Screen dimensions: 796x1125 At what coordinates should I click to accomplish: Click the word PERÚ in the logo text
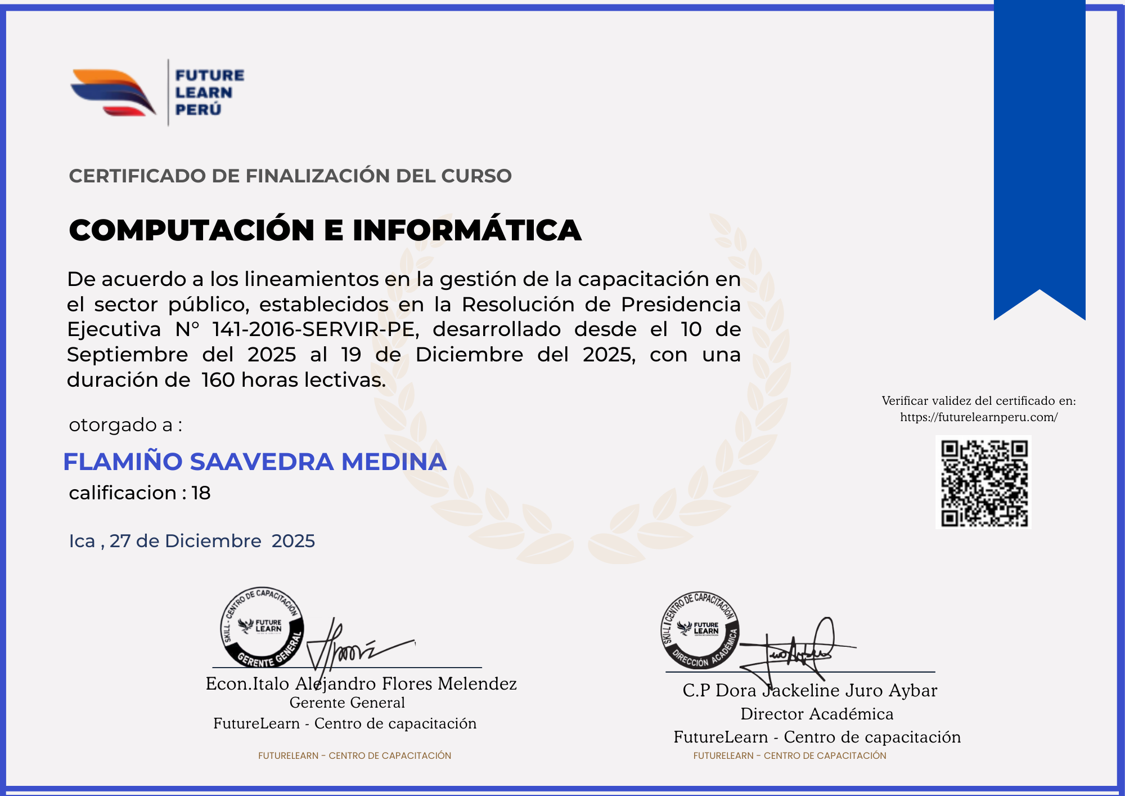tap(198, 109)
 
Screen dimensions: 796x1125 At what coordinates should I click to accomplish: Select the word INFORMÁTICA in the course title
tap(467, 230)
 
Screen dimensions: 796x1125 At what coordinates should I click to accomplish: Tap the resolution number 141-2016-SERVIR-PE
tap(316, 329)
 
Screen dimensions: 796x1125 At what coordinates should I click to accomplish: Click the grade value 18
tap(201, 493)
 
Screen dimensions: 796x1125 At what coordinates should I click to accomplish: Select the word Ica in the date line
tap(82, 541)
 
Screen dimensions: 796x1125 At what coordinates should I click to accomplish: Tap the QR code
tap(984, 482)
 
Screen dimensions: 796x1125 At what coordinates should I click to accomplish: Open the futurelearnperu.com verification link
tap(979, 417)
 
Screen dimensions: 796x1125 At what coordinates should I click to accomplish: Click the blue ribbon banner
tap(1039, 152)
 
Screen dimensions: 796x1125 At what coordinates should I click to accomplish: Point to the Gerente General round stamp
tap(262, 628)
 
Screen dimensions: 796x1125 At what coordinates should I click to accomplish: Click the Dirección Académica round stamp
tap(700, 630)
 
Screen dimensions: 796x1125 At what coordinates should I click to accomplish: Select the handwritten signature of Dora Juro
tap(799, 650)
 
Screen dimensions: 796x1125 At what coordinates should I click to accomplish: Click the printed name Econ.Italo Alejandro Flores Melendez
tap(361, 683)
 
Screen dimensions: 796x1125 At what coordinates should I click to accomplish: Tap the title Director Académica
tap(817, 714)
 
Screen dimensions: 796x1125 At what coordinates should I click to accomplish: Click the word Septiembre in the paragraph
tap(127, 355)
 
